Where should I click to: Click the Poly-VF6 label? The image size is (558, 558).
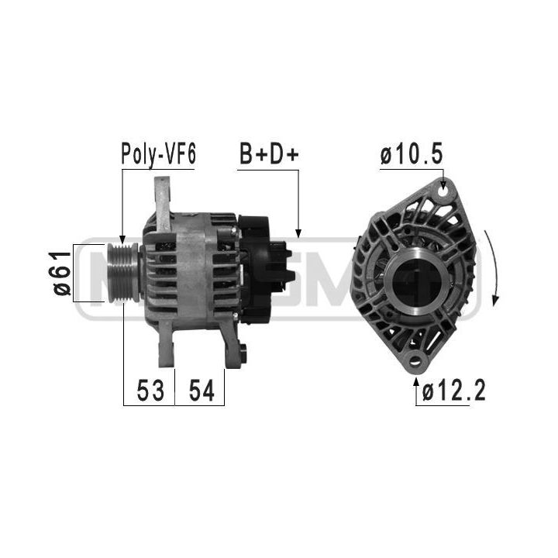click(158, 154)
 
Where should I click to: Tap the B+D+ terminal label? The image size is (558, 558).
click(269, 154)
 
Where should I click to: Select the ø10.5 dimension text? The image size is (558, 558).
click(412, 154)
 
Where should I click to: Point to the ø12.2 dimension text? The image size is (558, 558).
click(453, 391)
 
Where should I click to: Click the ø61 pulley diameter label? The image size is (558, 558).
click(62, 273)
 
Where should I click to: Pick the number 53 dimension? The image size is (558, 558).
click(150, 391)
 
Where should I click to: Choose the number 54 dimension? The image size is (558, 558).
click(201, 391)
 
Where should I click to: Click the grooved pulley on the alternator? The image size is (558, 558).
click(123, 273)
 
